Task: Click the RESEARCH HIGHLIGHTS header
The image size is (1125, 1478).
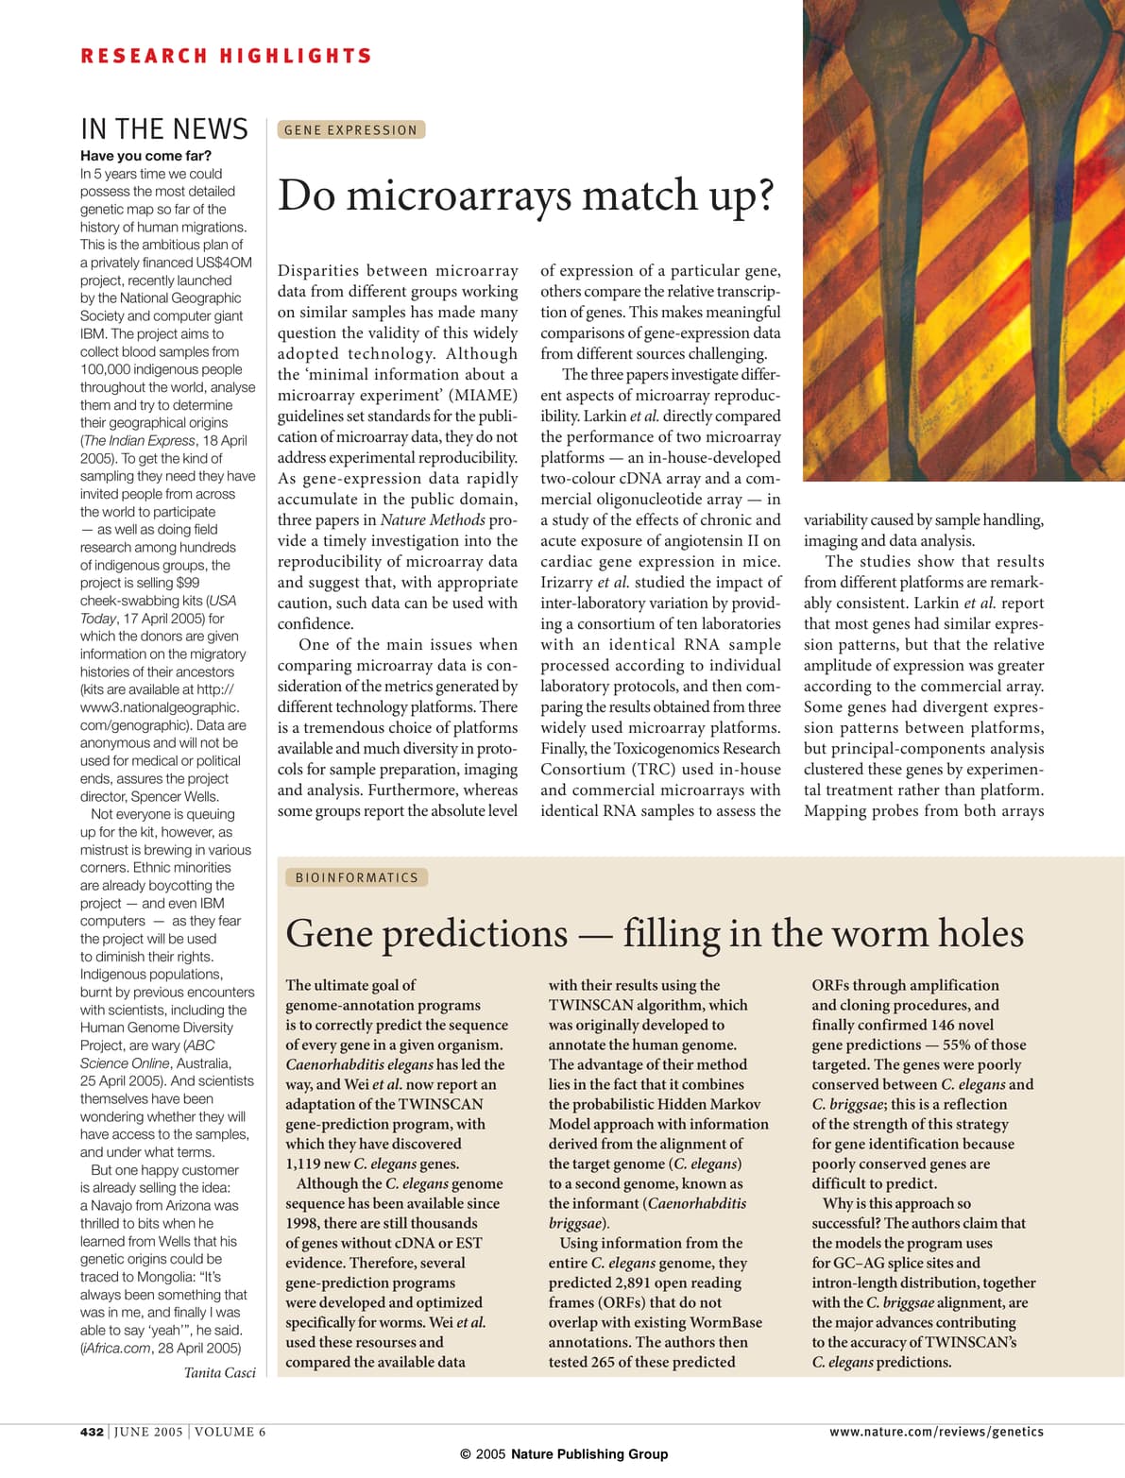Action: click(x=226, y=57)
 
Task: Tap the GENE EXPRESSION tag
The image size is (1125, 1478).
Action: click(x=350, y=130)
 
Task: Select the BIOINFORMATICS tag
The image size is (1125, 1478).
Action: click(x=356, y=877)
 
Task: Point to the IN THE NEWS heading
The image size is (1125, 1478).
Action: click(x=164, y=129)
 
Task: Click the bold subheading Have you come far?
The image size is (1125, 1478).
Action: click(x=145, y=156)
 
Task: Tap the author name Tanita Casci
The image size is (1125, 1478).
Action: click(x=219, y=1372)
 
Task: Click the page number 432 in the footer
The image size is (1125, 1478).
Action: click(x=92, y=1432)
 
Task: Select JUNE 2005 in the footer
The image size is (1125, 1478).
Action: click(x=148, y=1432)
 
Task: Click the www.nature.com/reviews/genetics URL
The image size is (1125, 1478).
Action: click(x=936, y=1432)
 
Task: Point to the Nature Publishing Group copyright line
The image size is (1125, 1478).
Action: click(x=564, y=1454)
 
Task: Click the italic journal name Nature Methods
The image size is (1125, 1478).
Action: click(x=433, y=519)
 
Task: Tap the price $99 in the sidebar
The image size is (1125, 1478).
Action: click(x=188, y=583)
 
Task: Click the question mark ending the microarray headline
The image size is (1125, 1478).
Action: click(x=763, y=195)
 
